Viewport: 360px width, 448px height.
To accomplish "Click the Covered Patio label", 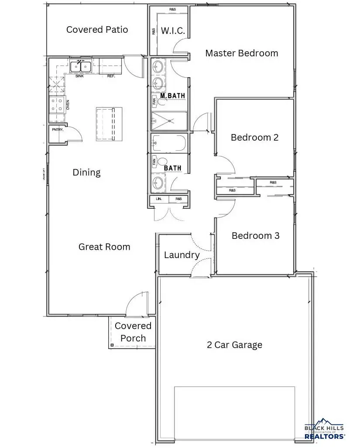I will pyautogui.click(x=97, y=30).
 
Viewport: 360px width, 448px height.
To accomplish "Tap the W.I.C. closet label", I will pyautogui.click(x=173, y=31).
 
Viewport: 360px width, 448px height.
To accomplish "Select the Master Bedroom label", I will pyautogui.click(x=241, y=53).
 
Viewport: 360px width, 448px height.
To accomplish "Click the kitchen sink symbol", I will pyautogui.click(x=81, y=67).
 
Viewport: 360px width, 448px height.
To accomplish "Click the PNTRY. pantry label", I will pyautogui.click(x=58, y=130).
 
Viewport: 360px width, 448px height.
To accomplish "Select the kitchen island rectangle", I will pyautogui.click(x=109, y=124).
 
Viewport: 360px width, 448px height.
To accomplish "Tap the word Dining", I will pyautogui.click(x=86, y=172).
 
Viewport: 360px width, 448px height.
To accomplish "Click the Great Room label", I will pyautogui.click(x=104, y=247).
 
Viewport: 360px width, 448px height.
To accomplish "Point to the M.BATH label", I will pyautogui.click(x=169, y=96).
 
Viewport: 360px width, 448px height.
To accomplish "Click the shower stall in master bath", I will pyautogui.click(x=169, y=120).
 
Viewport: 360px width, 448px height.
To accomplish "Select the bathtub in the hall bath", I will pyautogui.click(x=169, y=143).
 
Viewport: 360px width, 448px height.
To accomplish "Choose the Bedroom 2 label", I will pyautogui.click(x=254, y=138).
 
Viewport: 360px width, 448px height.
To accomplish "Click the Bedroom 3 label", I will pyautogui.click(x=255, y=236).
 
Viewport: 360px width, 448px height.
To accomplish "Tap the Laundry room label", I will pyautogui.click(x=182, y=255).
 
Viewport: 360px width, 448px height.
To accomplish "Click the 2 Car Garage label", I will pyautogui.click(x=234, y=345).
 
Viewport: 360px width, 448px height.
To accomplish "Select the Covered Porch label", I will pyautogui.click(x=133, y=332).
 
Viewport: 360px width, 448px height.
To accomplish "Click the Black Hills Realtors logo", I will pyautogui.click(x=324, y=428).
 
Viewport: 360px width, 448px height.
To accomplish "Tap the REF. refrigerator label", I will pyautogui.click(x=111, y=76).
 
